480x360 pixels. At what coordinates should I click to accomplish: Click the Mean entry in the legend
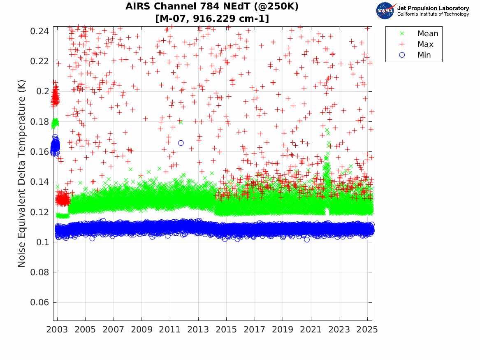point(427,34)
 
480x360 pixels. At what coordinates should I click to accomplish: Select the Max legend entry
point(425,44)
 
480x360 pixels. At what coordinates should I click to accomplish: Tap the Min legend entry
point(424,55)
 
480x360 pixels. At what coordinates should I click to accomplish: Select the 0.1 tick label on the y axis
point(43,242)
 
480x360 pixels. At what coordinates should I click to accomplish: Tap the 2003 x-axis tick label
point(57,330)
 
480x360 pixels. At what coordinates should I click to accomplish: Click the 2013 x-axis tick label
point(198,330)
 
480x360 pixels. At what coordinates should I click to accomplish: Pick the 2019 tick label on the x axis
point(283,330)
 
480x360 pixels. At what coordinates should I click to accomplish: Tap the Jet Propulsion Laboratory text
point(433,8)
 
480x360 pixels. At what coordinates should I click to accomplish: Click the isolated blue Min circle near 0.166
point(181,143)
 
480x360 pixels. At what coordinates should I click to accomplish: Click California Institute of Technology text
point(433,14)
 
